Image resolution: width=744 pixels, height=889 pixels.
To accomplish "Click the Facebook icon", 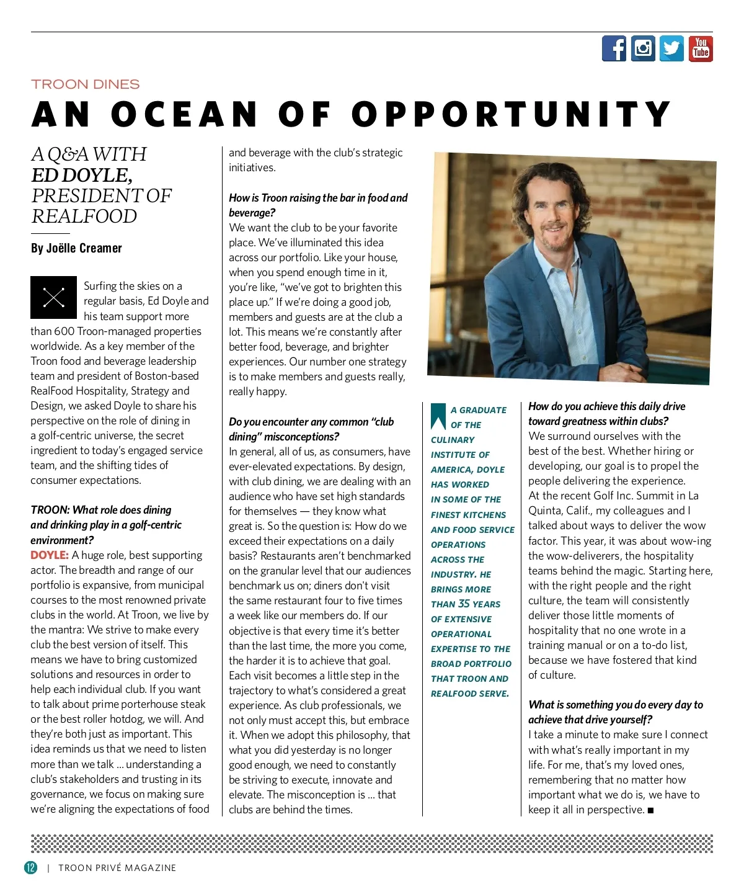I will tap(614, 48).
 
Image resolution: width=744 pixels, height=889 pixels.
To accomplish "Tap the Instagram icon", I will tap(643, 48).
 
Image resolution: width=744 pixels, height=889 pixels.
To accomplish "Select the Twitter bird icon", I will tap(671, 48).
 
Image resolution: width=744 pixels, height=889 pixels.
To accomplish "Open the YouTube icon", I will tap(701, 48).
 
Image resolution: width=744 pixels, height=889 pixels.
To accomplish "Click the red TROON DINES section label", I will tap(86, 84).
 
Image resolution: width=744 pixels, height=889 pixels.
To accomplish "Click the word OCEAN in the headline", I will tap(184, 115).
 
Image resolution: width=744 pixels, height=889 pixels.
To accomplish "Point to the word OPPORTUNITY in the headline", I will tap(511, 115).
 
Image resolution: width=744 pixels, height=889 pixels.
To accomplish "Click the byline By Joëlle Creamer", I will tap(76, 248).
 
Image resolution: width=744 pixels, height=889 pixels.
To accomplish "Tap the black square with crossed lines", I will tap(54, 298).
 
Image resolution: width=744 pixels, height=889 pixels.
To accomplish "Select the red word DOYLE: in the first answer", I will tap(50, 555).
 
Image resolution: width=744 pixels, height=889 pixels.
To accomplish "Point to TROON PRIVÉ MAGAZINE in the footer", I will tap(117, 868).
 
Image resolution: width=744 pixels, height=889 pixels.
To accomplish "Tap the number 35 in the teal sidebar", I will tap(464, 604).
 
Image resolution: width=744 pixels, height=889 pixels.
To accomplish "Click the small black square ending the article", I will tap(650, 810).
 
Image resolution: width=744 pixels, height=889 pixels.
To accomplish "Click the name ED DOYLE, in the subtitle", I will tap(82, 175).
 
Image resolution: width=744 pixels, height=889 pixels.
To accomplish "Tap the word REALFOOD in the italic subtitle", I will tap(84, 217).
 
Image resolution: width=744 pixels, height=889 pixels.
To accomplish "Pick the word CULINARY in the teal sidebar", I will tap(453, 440).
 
